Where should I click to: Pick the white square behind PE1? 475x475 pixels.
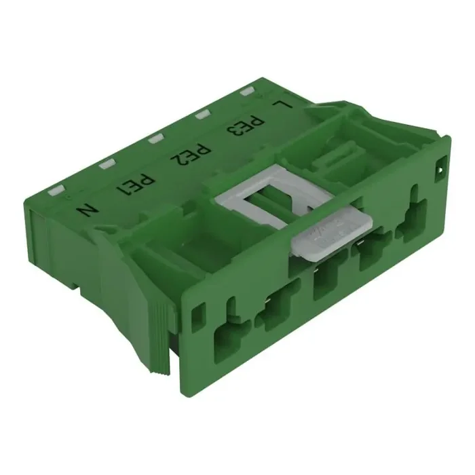(x=107, y=164)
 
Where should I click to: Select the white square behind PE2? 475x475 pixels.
(x=155, y=138)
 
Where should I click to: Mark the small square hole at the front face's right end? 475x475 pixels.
(x=442, y=164)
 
